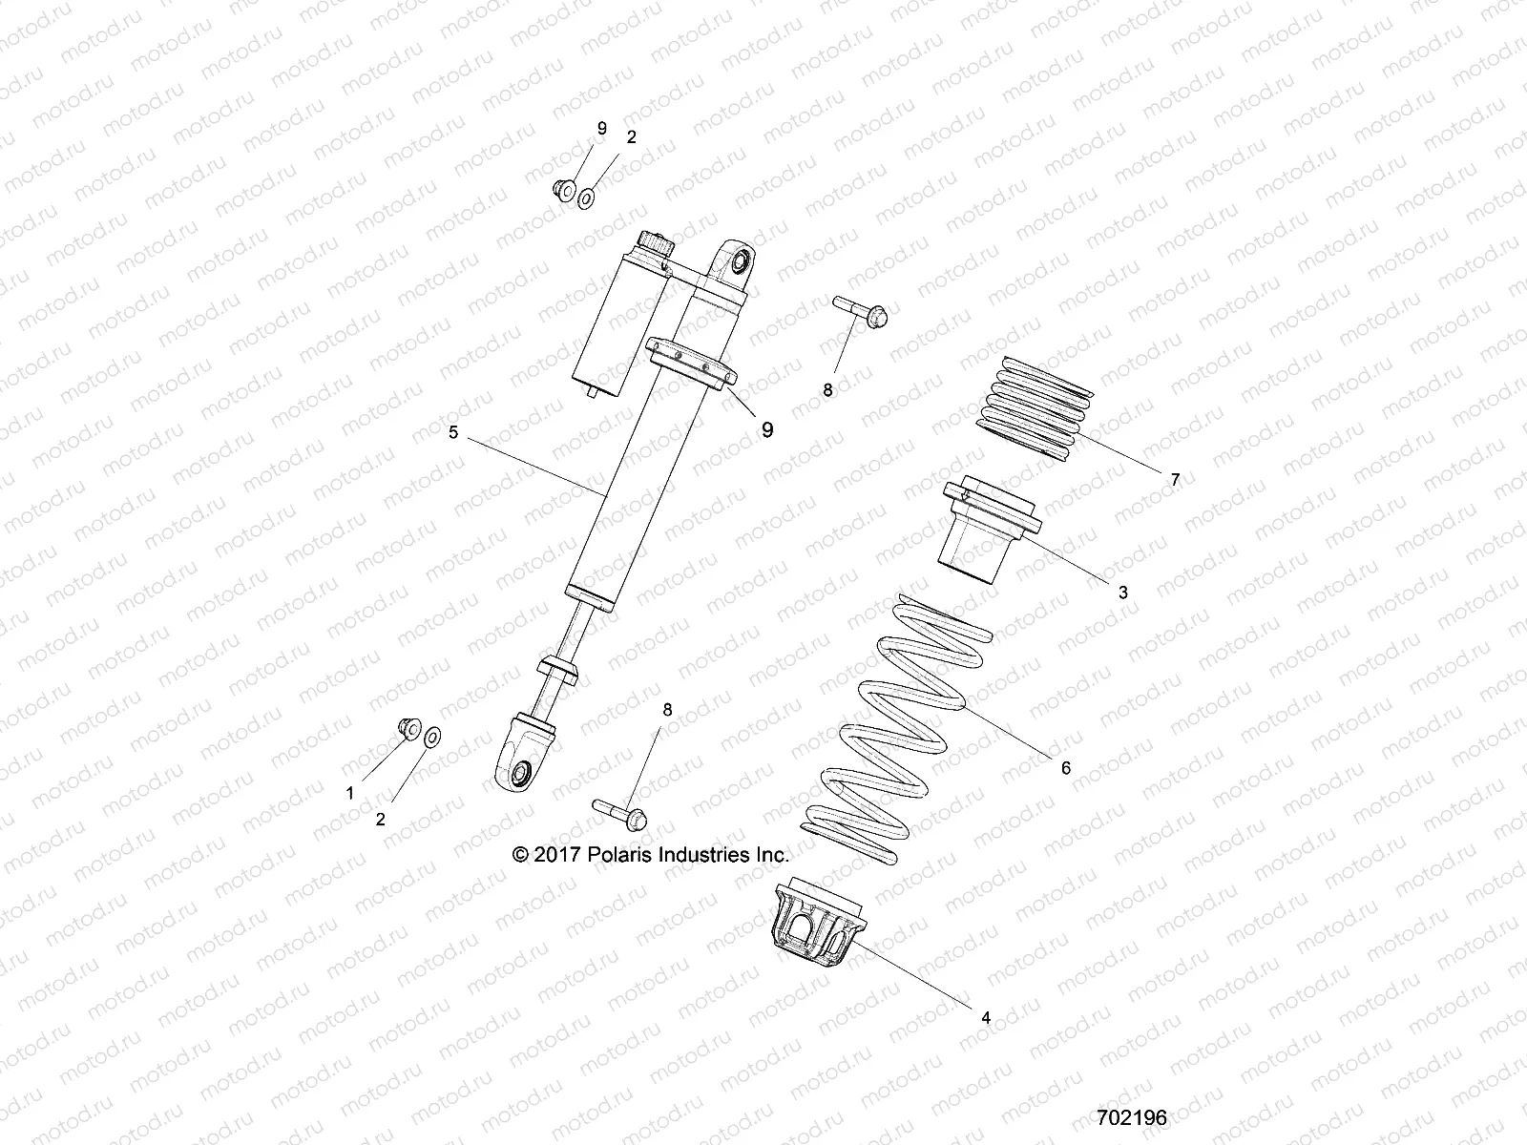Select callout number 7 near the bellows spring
pos(1175,480)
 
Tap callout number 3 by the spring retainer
pos(1123,593)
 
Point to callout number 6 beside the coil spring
pos(1066,767)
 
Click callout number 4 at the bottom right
pos(986,1018)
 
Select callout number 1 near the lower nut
pos(350,793)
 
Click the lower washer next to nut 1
pos(432,737)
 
